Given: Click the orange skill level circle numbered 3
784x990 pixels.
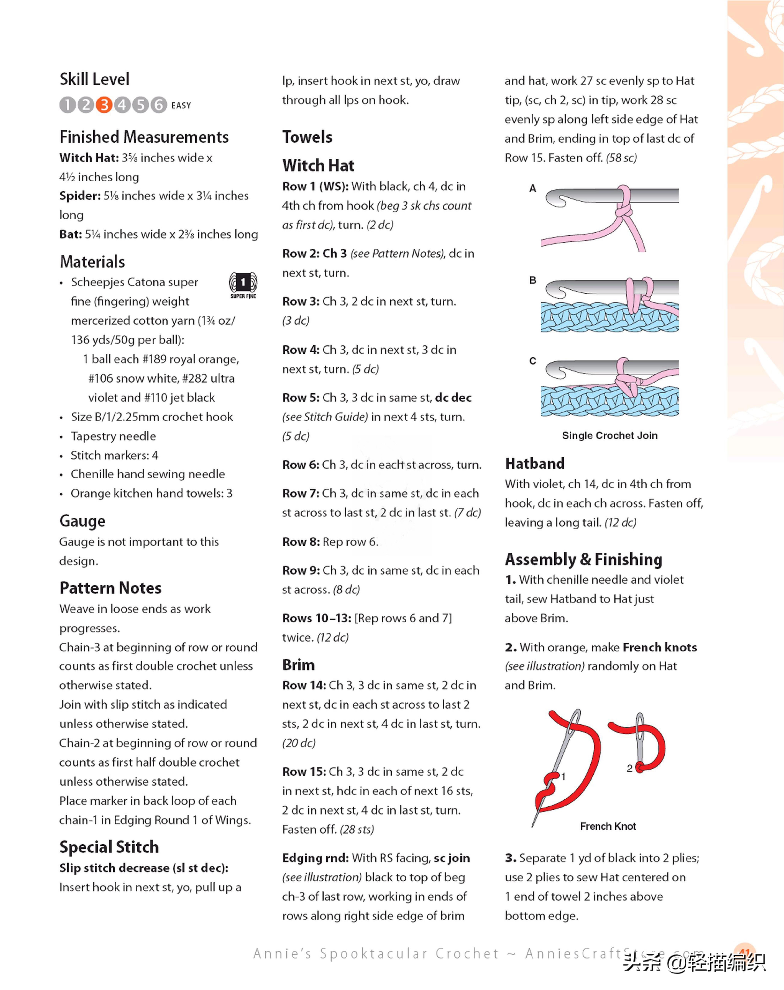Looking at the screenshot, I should point(104,105).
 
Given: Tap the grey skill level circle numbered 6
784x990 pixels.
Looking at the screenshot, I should point(159,105).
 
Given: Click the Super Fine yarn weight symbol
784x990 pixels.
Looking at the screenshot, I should point(243,285).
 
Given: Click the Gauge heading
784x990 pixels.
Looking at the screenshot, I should point(82,521).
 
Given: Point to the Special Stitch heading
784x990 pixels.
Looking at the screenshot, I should point(109,847).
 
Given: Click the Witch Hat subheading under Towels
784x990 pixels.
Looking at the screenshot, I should point(318,165).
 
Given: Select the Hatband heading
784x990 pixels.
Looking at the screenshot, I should point(535,464).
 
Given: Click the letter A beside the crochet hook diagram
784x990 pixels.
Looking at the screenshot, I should point(532,188).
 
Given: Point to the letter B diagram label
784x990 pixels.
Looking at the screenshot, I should point(532,280).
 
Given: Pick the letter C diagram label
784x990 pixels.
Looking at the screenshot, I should point(532,361).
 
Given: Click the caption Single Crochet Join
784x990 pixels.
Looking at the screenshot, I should point(610,435).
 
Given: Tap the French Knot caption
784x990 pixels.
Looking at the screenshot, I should point(608,826).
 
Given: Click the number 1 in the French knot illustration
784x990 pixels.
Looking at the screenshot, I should point(564,777).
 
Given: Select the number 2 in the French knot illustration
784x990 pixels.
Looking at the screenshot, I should point(629,768).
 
